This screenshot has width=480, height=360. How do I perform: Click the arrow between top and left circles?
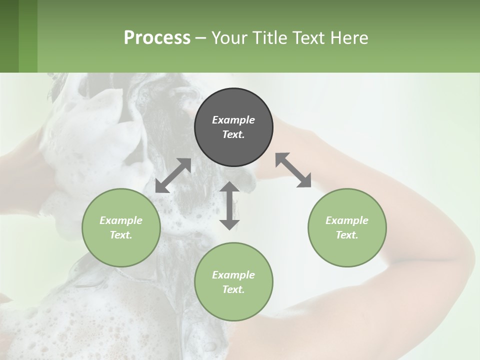(x=173, y=175)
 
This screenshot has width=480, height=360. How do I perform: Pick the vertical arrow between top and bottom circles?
(x=229, y=205)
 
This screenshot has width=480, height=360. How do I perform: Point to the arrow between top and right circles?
(x=293, y=170)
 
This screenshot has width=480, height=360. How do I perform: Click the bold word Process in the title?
(x=157, y=37)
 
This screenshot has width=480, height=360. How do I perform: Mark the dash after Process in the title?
(x=201, y=38)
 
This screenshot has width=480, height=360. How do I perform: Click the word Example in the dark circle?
(x=233, y=120)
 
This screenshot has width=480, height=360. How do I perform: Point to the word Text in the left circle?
(x=120, y=235)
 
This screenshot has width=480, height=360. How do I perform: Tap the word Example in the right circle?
(x=347, y=220)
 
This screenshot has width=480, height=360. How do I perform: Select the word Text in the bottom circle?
(x=233, y=289)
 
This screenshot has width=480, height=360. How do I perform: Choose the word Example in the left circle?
(x=121, y=220)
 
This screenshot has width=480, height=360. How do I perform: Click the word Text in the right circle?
(x=346, y=235)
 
